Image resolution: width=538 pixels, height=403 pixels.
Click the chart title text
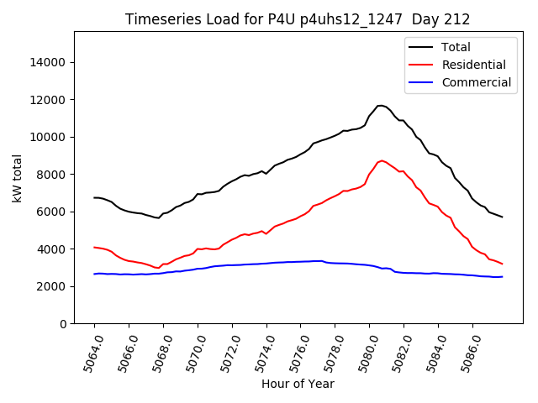coord(298,19)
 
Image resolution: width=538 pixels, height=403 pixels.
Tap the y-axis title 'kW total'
coord(18,177)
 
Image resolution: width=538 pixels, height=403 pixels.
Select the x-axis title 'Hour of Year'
coord(298,384)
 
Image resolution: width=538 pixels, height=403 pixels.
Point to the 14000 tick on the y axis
coord(49,62)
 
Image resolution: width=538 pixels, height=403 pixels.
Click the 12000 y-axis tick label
coord(49,100)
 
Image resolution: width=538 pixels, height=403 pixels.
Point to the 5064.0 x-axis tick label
coord(87,352)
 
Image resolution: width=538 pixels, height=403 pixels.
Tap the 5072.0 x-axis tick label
coord(225,352)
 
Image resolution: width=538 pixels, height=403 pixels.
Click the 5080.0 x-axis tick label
coord(363,352)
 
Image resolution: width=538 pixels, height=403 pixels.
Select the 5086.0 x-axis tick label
coord(466,352)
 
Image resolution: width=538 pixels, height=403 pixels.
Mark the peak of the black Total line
coord(381,105)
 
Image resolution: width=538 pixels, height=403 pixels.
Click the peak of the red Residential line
coord(382,160)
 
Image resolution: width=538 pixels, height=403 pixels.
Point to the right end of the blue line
coord(502,276)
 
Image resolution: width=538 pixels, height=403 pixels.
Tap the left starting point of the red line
coord(94,247)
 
